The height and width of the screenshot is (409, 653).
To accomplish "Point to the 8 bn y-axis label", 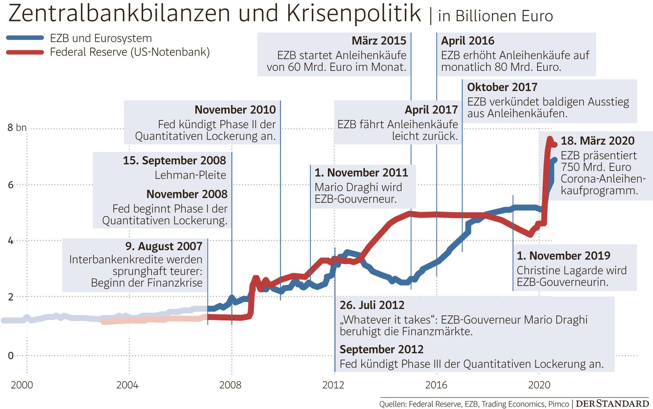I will (x=17, y=128).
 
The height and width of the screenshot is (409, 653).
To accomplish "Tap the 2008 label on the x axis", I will (x=230, y=385).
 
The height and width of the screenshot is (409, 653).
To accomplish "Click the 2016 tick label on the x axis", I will (x=436, y=385).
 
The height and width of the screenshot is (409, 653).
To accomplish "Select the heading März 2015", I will (x=379, y=41).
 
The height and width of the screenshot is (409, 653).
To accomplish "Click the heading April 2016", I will (x=467, y=41).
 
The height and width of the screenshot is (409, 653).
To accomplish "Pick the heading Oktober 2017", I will (x=502, y=87).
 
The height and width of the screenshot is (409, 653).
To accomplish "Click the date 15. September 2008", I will (x=174, y=160).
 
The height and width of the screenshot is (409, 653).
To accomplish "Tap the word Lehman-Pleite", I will (x=190, y=175).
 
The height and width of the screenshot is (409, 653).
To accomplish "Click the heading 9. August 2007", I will (x=164, y=246).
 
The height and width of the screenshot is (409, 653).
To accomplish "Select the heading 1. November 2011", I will (x=361, y=173).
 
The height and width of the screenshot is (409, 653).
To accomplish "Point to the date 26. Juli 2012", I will (x=372, y=305).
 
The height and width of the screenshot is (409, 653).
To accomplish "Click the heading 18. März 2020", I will (x=597, y=141).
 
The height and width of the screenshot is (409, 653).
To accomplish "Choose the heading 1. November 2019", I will (x=563, y=256).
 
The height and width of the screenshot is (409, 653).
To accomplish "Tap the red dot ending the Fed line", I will (x=555, y=144).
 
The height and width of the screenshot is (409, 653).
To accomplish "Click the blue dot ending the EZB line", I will (x=554, y=160).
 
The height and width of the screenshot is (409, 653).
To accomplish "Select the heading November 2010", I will (x=235, y=110).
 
